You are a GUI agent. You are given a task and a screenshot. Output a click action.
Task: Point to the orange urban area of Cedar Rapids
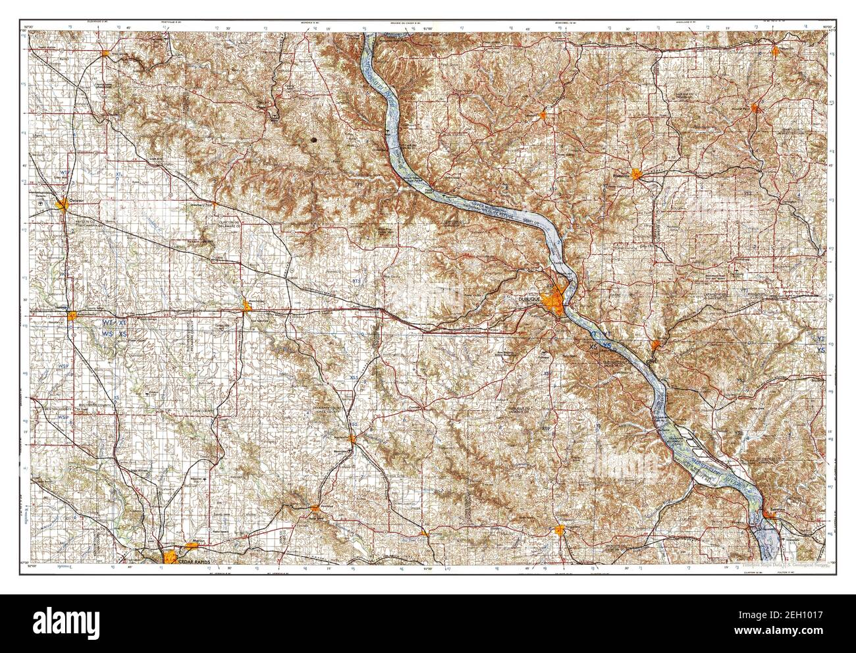click(170, 557)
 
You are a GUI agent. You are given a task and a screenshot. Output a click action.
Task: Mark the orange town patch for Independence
click(71, 316)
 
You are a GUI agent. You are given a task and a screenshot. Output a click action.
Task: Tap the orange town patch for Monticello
click(353, 438)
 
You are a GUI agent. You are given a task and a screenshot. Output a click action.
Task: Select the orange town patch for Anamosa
click(316, 508)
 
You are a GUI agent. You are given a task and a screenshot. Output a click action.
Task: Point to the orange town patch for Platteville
click(636, 174)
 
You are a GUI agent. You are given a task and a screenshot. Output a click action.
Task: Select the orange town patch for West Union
click(105, 53)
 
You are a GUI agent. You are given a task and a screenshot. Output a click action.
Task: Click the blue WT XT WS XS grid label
click(117, 328)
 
